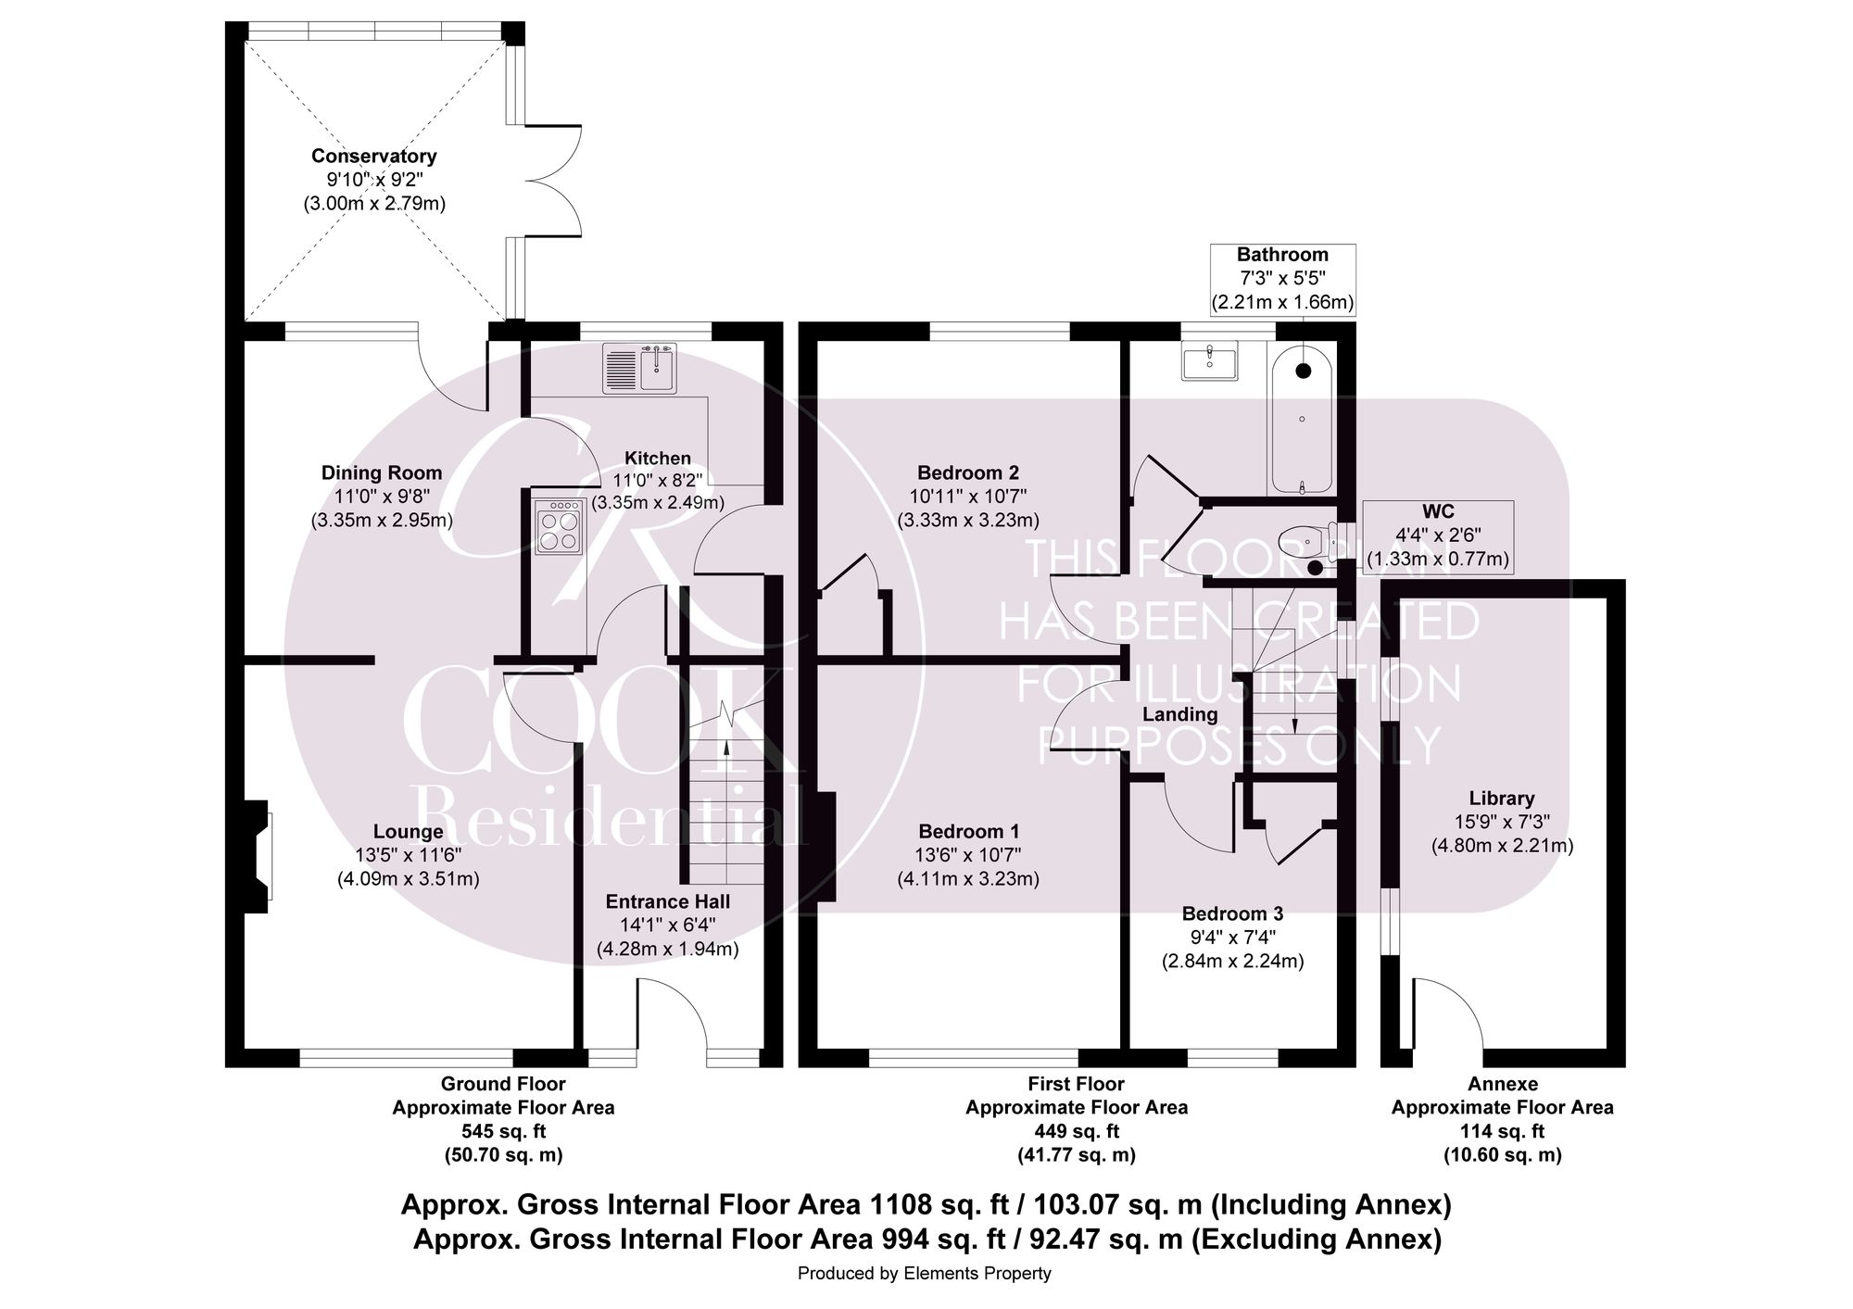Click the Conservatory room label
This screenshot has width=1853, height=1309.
pyautogui.click(x=373, y=157)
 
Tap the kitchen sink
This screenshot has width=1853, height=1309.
pyautogui.click(x=640, y=368)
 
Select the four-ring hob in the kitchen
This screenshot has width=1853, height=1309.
pyautogui.click(x=559, y=527)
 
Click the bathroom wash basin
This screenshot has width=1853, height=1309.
pyautogui.click(x=1209, y=360)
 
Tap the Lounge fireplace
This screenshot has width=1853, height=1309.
pyautogui.click(x=258, y=856)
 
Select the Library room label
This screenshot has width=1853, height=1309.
pyautogui.click(x=1502, y=799)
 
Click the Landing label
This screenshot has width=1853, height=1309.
pyautogui.click(x=1179, y=714)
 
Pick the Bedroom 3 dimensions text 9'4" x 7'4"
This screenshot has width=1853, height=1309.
pyautogui.click(x=1232, y=938)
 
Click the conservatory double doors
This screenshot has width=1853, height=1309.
pyautogui.click(x=554, y=180)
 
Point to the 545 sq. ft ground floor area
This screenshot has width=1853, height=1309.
pyautogui.click(x=503, y=1131)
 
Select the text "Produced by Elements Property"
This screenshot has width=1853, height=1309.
pyautogui.click(x=924, y=1274)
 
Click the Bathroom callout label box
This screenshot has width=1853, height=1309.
pyautogui.click(x=1282, y=278)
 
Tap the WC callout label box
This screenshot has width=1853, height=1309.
pyautogui.click(x=1437, y=535)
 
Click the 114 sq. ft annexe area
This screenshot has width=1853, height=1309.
pyautogui.click(x=1502, y=1131)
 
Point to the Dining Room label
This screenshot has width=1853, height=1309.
pyautogui.click(x=382, y=473)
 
